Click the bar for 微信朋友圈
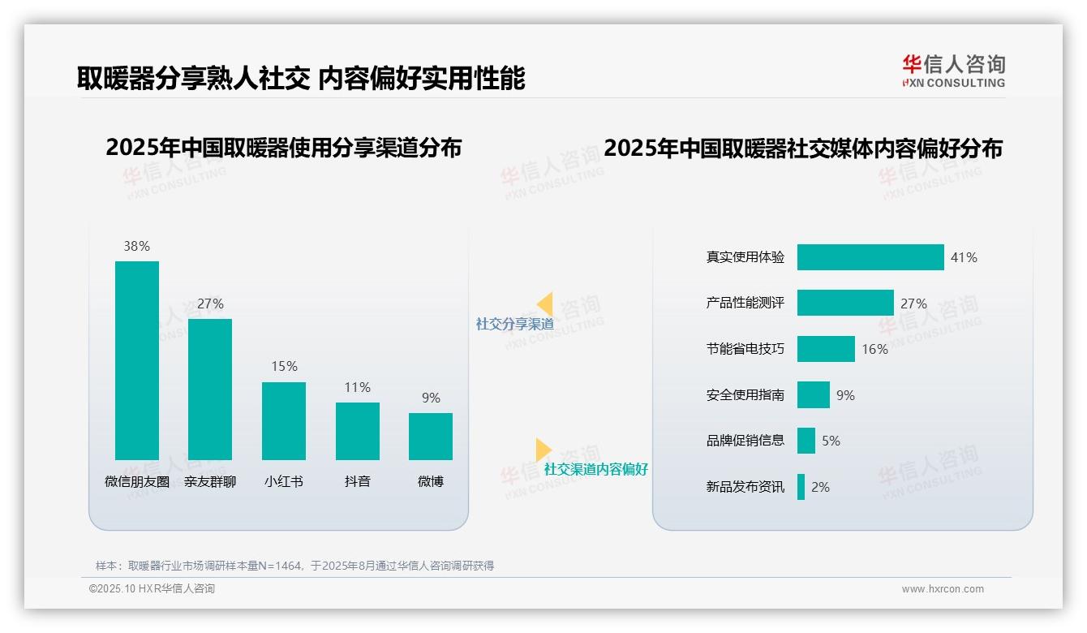(x=137, y=360)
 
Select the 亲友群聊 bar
(x=210, y=390)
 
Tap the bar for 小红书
(x=284, y=420)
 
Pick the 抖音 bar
(x=358, y=431)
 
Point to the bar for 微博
(x=431, y=437)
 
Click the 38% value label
(x=137, y=246)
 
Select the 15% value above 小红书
(x=284, y=366)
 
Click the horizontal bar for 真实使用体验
(x=870, y=257)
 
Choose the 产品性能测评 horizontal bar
(x=845, y=303)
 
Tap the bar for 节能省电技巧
(x=826, y=349)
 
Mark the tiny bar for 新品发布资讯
(x=801, y=487)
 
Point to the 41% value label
(x=964, y=257)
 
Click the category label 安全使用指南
(x=745, y=395)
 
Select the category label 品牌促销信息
(x=745, y=441)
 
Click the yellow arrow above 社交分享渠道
(x=545, y=304)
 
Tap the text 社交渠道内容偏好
(x=596, y=469)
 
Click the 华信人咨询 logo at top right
(x=953, y=71)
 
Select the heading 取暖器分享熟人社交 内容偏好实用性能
(x=301, y=78)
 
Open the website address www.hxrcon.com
(x=943, y=589)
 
